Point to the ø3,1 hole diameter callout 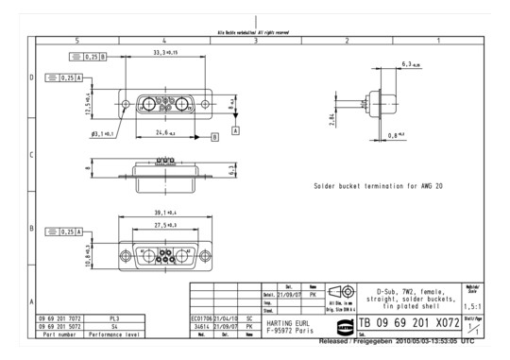point(103,134)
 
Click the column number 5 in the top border point(76,41)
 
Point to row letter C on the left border point(32,154)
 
